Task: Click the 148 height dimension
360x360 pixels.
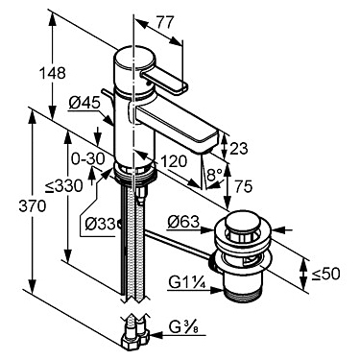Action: [52, 73]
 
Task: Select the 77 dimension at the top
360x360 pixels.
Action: [165, 23]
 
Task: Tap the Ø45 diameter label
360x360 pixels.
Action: [84, 104]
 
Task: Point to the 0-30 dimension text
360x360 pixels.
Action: [84, 158]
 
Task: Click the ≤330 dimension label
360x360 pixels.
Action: [63, 186]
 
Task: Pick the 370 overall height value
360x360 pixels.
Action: [33, 206]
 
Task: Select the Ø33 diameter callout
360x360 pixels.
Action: [100, 224]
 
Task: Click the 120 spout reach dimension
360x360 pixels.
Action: [174, 161]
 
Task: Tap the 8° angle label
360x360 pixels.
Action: [214, 176]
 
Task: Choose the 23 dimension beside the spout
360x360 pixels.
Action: [239, 148]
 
